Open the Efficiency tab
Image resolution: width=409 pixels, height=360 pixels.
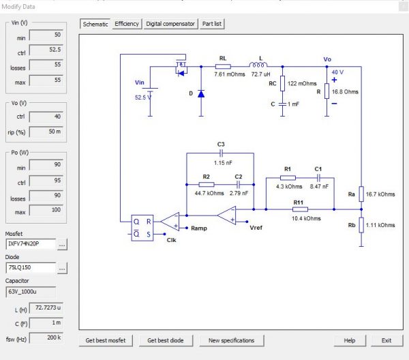127,24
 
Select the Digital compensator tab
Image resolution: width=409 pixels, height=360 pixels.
170,24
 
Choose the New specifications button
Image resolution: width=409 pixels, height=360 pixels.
232,340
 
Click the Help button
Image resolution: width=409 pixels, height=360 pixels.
350,340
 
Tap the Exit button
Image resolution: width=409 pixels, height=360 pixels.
387,340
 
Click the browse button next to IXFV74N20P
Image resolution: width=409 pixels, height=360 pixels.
62,243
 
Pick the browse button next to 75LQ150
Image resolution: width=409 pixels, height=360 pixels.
62,269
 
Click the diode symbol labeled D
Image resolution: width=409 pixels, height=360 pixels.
201,93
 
